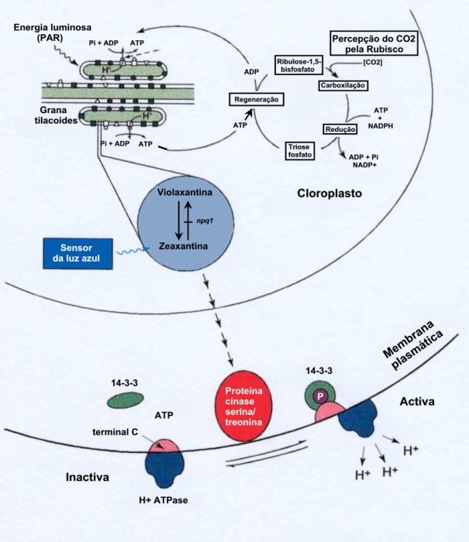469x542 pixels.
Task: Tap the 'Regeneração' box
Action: [253, 99]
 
